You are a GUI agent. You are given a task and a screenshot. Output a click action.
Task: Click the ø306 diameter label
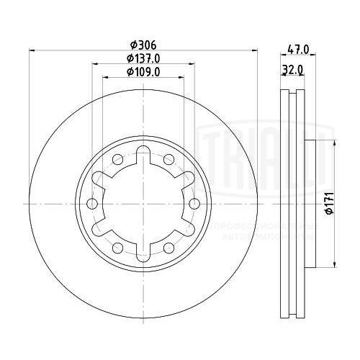(x=142, y=43)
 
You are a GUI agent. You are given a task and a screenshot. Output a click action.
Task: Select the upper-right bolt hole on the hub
(x=168, y=158)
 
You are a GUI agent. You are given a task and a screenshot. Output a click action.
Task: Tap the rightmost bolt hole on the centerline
(x=193, y=204)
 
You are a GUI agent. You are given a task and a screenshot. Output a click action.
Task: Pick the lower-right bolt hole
(x=168, y=248)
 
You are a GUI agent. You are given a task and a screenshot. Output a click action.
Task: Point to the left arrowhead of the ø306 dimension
(x=31, y=50)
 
